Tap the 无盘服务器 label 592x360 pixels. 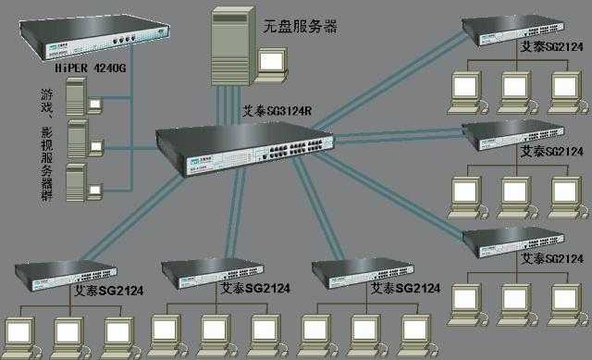(300, 27)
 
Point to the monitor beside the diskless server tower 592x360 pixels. (273, 62)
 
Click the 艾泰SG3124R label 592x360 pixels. (277, 110)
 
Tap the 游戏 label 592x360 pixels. (47, 103)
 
